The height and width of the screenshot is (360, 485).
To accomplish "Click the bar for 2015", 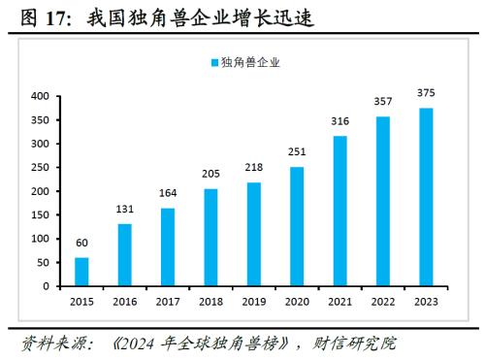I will [x=81, y=272].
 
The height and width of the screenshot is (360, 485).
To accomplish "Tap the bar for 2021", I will [x=339, y=212].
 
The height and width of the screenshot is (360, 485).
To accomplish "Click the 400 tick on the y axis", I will [x=40, y=96].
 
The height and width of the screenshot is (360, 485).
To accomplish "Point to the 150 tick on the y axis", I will [x=40, y=215].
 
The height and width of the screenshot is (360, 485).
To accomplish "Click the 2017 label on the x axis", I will [x=168, y=303].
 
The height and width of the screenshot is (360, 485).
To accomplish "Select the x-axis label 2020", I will [x=297, y=303].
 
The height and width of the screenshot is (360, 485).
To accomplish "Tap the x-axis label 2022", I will [x=382, y=303].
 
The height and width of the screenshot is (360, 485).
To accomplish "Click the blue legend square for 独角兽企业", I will [x=214, y=63].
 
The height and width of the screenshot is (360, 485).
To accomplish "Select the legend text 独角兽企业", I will [x=251, y=63].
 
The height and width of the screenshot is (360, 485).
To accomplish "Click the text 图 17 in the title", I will [x=36, y=16].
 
